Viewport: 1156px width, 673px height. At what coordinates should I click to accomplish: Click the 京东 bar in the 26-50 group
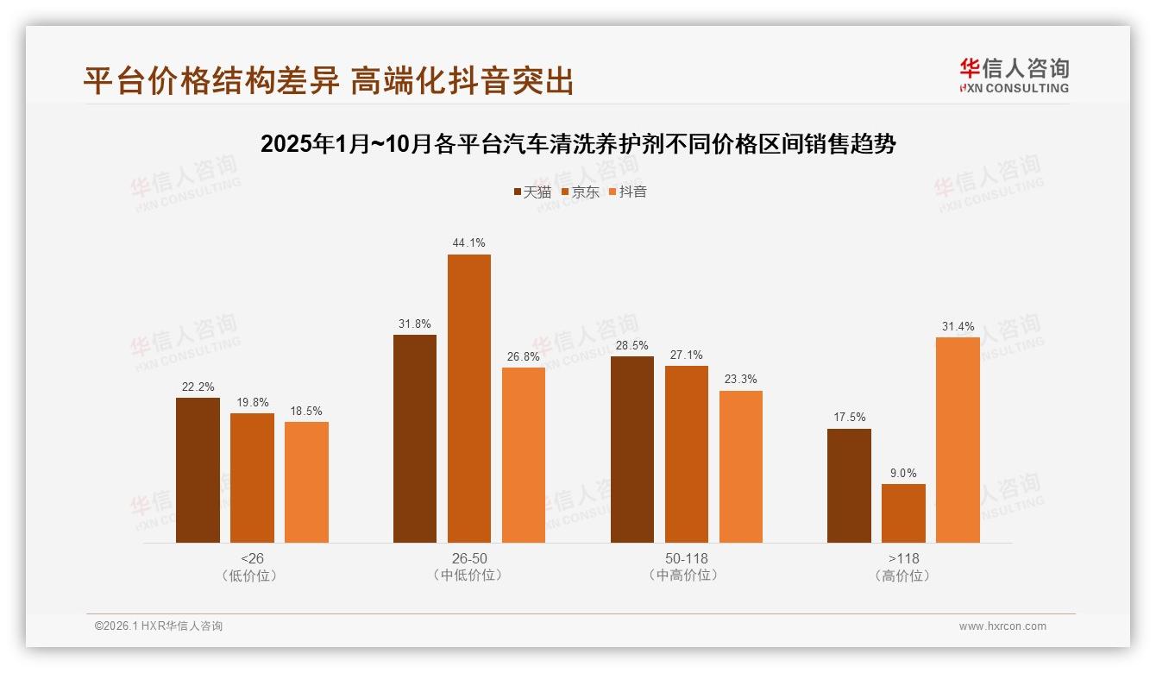click(x=468, y=399)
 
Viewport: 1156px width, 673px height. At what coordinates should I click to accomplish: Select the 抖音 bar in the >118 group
click(x=958, y=440)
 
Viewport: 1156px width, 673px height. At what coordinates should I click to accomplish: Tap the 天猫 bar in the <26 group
click(x=198, y=470)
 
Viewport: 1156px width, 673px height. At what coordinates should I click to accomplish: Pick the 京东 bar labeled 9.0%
click(x=903, y=513)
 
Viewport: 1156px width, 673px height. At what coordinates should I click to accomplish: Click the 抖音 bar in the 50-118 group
click(x=741, y=467)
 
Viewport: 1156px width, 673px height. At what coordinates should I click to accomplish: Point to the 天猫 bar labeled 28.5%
click(x=632, y=450)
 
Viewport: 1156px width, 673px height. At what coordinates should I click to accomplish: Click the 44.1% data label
click(x=468, y=243)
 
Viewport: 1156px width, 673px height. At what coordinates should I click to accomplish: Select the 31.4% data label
click(x=958, y=326)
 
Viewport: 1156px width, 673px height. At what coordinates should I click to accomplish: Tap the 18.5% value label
click(x=306, y=411)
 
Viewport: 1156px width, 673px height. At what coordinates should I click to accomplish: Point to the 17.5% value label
click(x=849, y=418)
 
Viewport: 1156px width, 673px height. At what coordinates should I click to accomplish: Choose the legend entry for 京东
click(x=580, y=192)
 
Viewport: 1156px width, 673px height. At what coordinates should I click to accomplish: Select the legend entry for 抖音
click(x=627, y=192)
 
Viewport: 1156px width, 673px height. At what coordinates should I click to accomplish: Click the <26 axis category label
click(x=252, y=558)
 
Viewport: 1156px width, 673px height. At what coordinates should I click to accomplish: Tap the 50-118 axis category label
click(x=686, y=558)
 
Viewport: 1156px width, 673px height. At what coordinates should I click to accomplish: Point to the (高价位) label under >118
click(x=903, y=576)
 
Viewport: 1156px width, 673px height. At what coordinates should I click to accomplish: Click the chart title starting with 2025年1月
click(x=578, y=144)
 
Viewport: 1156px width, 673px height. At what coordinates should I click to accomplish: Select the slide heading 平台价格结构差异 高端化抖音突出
click(x=328, y=80)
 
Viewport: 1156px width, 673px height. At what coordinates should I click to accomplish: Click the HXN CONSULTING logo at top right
click(x=1014, y=75)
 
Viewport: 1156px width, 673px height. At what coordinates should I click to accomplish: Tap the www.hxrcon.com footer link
click(x=1002, y=626)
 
